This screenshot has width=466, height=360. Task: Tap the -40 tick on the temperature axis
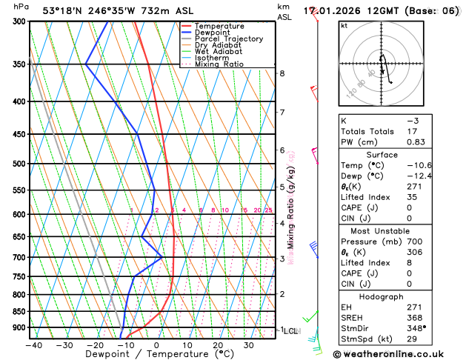coord(33,344)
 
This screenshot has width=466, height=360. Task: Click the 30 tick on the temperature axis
coord(249,344)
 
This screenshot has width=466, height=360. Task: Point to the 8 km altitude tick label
coord(282,73)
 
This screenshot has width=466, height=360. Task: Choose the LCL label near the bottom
coord(291,330)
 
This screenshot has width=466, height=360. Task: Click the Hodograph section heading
coord(382,296)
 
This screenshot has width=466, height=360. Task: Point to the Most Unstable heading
coord(382,231)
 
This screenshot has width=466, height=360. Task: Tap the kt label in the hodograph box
coord(344,25)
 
